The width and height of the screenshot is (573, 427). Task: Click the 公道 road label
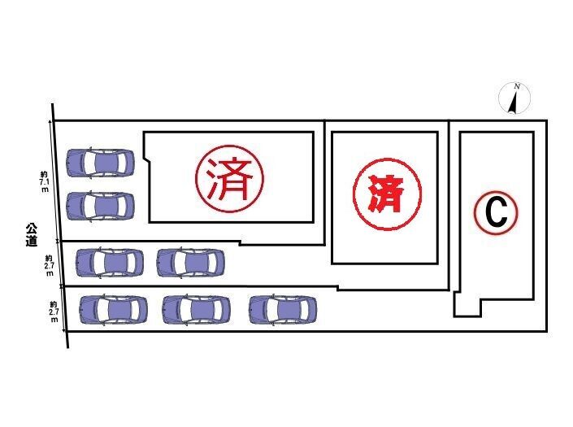point(32,234)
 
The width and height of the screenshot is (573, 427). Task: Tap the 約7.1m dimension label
point(44,181)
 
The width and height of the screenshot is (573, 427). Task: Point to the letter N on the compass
point(517,87)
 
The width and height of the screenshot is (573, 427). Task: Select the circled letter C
point(496,213)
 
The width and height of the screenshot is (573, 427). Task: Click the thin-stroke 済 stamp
point(229,178)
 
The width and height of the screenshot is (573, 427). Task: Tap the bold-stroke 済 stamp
point(387,194)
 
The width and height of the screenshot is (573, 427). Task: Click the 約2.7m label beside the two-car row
point(50,264)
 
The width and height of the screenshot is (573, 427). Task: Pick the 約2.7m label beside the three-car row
point(54,312)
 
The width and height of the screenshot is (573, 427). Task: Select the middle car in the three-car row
point(196,310)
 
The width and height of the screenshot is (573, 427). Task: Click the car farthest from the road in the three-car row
point(283,310)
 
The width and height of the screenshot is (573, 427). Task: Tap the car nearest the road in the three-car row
point(114,310)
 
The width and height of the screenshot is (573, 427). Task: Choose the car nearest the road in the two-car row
point(110,263)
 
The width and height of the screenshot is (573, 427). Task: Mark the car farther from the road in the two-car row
point(190,263)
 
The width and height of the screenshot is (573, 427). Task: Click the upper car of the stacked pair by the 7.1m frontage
point(100,163)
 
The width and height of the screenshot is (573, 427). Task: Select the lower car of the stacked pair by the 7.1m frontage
point(100,207)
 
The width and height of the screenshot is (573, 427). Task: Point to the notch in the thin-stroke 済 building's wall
point(146,159)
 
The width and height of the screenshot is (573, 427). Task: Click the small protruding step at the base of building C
point(468,304)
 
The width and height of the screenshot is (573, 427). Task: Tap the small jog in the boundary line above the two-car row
point(240,242)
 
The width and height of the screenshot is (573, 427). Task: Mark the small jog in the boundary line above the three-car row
point(337,289)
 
